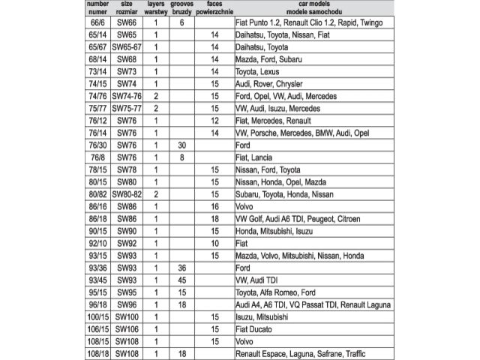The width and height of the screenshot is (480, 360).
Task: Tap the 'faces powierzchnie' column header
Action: (x=214, y=9)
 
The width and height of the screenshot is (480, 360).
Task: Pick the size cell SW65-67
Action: (x=127, y=46)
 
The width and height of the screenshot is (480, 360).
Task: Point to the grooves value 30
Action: (x=181, y=145)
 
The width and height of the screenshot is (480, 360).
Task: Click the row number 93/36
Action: (x=97, y=267)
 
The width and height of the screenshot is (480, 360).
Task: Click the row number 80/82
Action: (x=97, y=193)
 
